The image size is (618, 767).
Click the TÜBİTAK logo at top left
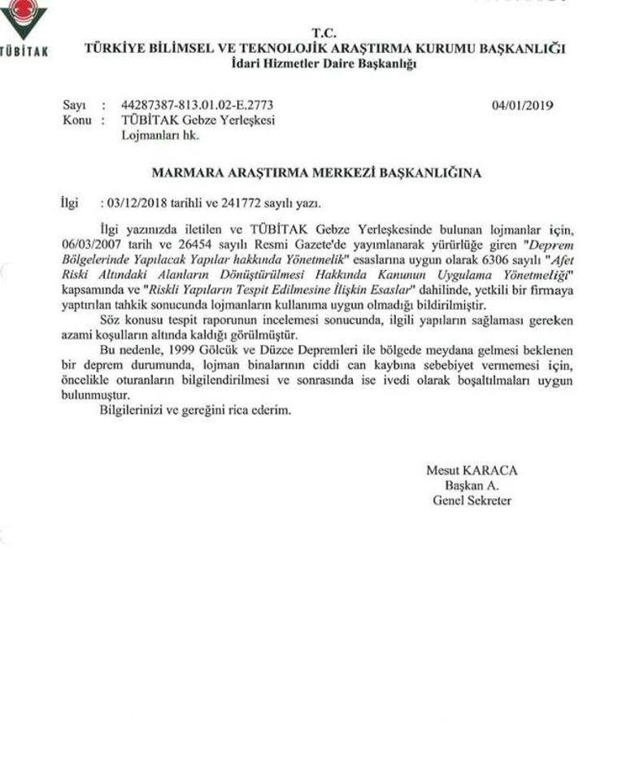tap(22, 28)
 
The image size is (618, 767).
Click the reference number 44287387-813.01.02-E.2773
tap(197, 106)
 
